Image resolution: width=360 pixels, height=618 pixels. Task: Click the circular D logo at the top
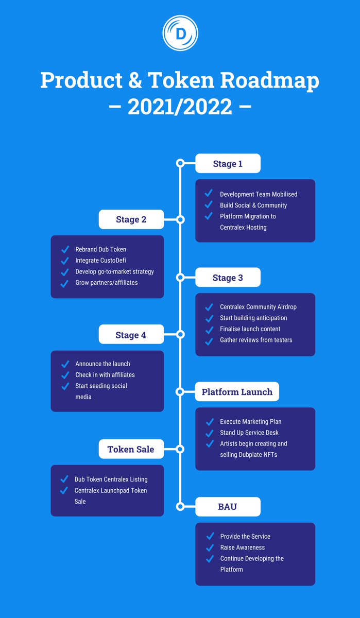pos(180,33)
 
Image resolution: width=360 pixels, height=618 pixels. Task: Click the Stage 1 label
pos(228,164)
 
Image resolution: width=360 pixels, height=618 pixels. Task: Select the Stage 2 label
pos(131,219)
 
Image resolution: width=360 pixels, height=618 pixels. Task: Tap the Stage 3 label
pos(228,278)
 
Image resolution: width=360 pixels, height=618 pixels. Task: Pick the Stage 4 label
pos(131,335)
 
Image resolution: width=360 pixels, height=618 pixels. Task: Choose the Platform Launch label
pos(237,392)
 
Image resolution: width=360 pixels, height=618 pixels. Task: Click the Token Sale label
pos(131,449)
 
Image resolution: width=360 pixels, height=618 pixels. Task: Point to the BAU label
pos(228,507)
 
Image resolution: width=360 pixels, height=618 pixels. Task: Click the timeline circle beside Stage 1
pos(180,163)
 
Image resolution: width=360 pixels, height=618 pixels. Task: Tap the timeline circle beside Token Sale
pos(180,449)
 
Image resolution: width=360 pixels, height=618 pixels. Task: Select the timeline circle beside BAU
pos(180,507)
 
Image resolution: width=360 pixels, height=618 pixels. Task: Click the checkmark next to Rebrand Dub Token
pos(65,250)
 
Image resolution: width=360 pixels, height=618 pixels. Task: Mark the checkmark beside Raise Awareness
pos(209,547)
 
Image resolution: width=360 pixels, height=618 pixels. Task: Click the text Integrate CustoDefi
pos(100,261)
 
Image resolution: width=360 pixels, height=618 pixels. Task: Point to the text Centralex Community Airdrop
pos(258,307)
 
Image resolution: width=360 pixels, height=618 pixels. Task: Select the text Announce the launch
pos(102,364)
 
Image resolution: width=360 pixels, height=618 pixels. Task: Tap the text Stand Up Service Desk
pos(249,433)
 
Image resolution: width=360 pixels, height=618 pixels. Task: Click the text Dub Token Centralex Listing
pos(111,479)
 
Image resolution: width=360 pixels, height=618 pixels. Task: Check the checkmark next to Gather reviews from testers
pos(209,340)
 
